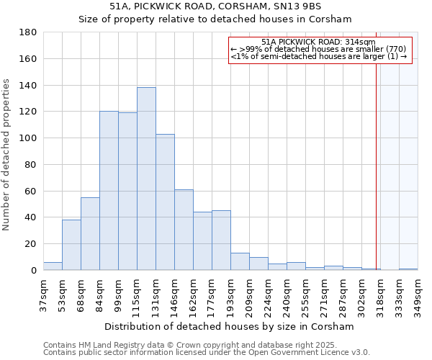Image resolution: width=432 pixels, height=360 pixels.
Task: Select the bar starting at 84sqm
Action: point(109,191)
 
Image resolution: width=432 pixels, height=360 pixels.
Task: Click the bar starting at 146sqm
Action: point(184,230)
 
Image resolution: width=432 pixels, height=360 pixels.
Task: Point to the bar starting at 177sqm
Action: point(221,240)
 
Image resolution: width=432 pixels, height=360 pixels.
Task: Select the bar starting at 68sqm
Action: point(90,234)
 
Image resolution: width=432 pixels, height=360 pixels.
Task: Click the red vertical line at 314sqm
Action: point(376,166)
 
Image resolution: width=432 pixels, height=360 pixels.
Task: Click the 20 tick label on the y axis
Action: point(30,244)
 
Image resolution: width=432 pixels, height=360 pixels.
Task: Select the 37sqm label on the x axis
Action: point(43,294)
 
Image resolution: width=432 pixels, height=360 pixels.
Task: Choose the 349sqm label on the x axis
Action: point(418,294)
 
